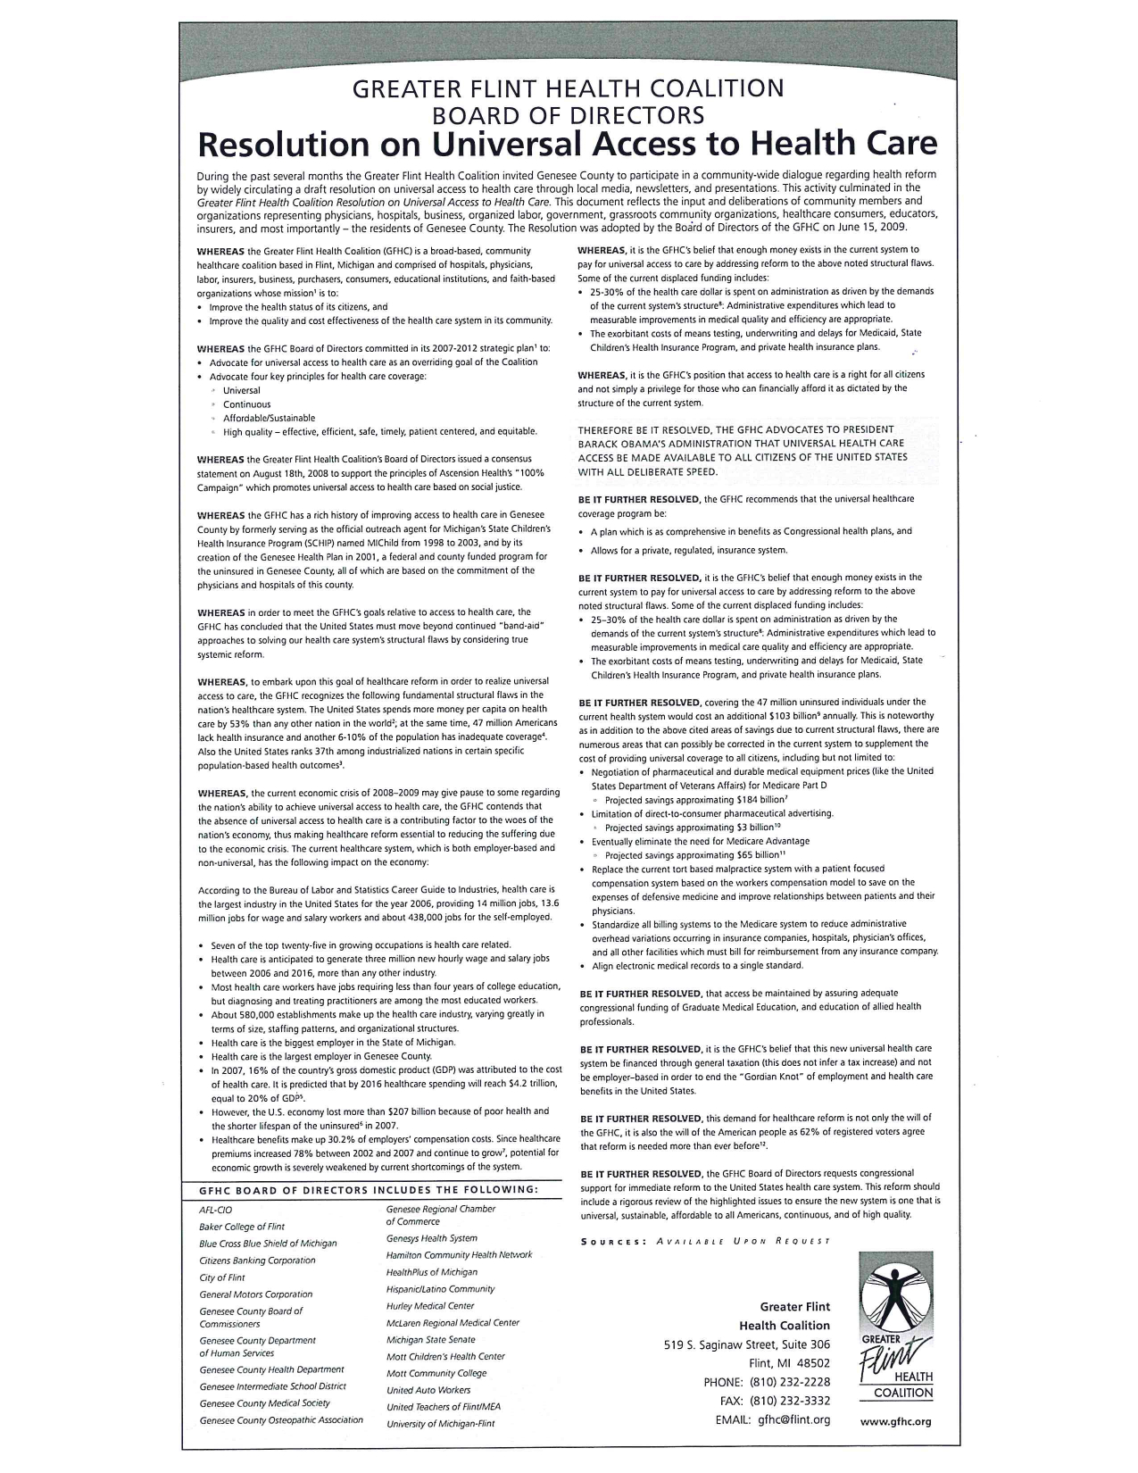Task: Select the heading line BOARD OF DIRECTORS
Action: point(568,115)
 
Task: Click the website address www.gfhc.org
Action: point(895,1421)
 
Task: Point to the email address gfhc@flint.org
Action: point(793,1419)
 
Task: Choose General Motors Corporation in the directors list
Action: point(256,1294)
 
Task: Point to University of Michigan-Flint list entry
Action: point(440,1424)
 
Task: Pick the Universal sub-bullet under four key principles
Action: point(242,390)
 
